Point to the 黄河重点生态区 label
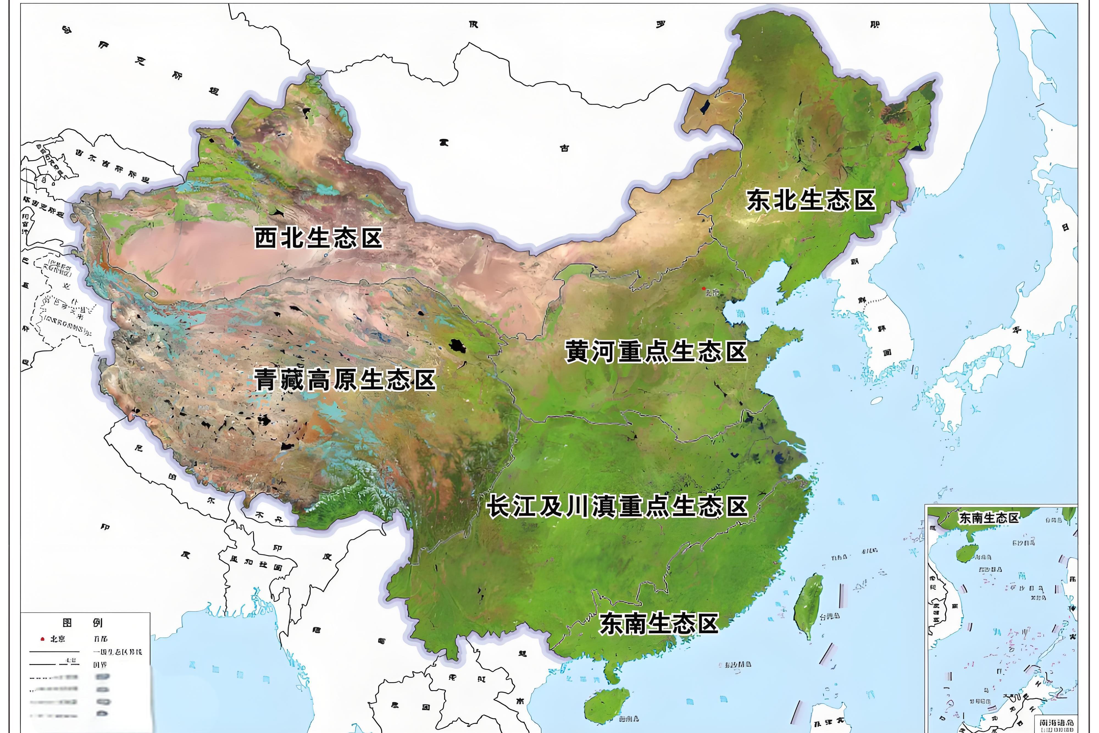click(656, 352)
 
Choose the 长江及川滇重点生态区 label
click(617, 507)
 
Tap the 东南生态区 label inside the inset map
click(988, 518)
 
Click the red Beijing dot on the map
click(704, 288)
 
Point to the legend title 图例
click(82, 622)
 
